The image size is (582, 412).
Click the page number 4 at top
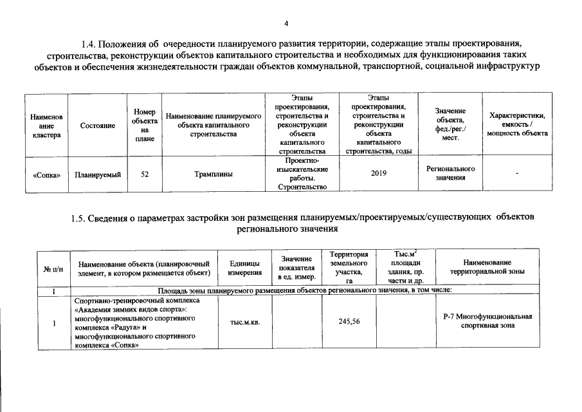click(x=287, y=24)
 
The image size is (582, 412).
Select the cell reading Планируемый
click(x=98, y=173)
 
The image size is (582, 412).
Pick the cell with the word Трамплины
click(x=213, y=173)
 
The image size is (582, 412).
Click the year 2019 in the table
click(x=379, y=173)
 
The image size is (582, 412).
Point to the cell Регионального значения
click(x=450, y=173)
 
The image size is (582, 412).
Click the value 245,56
click(x=348, y=323)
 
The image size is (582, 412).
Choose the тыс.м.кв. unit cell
click(x=244, y=323)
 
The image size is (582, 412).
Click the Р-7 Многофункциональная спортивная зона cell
click(x=488, y=321)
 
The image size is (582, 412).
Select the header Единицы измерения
click(x=244, y=268)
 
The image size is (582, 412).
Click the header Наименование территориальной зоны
click(x=489, y=267)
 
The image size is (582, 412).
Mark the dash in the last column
click(x=517, y=173)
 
